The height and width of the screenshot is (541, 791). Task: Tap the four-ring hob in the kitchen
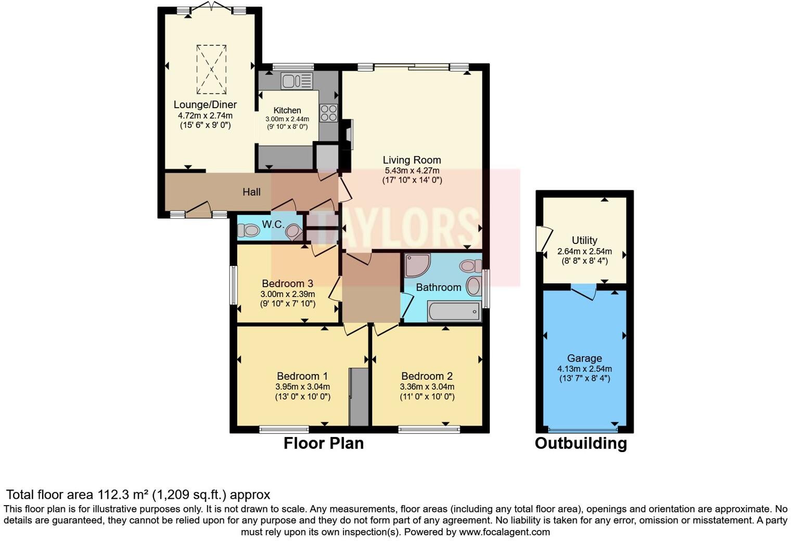point(328,113)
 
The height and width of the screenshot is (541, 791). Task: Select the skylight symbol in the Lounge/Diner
point(211,69)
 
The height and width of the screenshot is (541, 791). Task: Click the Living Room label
point(412,160)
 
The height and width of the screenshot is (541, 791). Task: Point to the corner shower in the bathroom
point(417,265)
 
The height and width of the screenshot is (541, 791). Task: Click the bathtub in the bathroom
point(454,312)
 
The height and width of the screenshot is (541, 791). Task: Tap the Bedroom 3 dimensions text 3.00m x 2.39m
point(287,294)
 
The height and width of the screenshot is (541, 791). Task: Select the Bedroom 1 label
point(302,376)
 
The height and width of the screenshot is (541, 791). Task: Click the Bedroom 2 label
point(427,376)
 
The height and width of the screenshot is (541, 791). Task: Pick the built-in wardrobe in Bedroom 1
point(358,397)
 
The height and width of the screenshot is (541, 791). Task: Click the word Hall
point(251,192)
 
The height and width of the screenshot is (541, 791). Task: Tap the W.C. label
point(273,225)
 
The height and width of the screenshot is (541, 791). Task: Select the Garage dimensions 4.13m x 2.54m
point(584,369)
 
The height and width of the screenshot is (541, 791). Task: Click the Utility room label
point(584,240)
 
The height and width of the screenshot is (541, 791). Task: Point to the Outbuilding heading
point(581,443)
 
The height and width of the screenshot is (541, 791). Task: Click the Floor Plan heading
point(323,443)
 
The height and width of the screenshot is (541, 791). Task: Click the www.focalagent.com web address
point(504,532)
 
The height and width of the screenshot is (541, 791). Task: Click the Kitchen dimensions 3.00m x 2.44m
point(287,119)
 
